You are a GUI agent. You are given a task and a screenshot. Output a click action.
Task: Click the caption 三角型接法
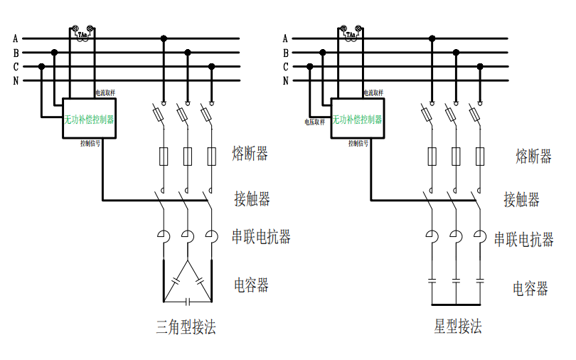(186, 327)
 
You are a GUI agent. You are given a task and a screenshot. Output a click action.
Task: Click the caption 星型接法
(458, 327)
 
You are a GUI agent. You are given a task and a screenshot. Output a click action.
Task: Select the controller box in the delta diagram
(89, 119)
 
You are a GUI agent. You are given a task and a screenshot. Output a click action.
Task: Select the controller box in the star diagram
(358, 119)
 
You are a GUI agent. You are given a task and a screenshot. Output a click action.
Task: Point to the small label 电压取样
(315, 122)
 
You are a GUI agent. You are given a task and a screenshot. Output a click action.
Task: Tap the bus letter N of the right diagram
(285, 80)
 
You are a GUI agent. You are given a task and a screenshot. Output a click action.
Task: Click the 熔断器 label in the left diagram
(250, 154)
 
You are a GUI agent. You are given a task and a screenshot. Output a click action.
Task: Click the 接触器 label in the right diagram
(521, 199)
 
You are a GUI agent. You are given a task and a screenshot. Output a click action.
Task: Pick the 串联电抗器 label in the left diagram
(262, 236)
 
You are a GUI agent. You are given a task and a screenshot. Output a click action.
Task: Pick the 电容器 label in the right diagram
(530, 288)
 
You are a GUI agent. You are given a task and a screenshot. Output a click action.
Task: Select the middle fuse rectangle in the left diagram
(188, 156)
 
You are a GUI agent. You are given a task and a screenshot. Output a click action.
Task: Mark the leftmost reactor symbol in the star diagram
(432, 238)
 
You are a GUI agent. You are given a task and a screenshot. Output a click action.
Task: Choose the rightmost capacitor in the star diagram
(480, 282)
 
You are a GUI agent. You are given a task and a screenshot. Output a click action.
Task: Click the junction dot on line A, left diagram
(164, 38)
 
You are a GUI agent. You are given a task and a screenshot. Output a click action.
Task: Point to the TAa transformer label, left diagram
(82, 33)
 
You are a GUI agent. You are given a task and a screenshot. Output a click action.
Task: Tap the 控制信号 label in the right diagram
(358, 143)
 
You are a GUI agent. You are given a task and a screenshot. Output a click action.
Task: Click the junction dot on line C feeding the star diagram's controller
(310, 66)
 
